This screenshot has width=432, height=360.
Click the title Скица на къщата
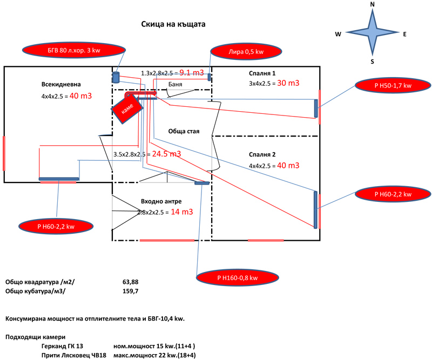pos(173,24)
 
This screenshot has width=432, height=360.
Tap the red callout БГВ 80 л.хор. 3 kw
pos(74,50)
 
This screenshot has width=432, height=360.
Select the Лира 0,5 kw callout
pos(246,51)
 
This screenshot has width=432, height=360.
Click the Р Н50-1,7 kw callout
pos(393,85)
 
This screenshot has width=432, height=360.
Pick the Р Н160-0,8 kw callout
pos(237,277)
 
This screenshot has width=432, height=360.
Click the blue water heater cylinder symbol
pos(116,77)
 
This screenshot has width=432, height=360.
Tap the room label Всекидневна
pos(61,84)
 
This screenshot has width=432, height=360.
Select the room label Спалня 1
pos(262,73)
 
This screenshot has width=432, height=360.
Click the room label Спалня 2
pos(262,154)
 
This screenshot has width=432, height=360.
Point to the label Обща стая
pos(184,131)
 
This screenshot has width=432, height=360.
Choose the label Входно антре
pos(161,201)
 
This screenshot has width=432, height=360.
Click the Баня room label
pos(175,84)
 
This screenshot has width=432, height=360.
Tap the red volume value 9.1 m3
pos(192,73)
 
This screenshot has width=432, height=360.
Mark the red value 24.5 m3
pos(166,154)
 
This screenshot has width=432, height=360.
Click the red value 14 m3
pos(182,212)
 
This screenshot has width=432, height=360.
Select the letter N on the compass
pos(372,4)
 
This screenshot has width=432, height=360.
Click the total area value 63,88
pos(130,282)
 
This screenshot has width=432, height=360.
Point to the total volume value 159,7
pos(130,291)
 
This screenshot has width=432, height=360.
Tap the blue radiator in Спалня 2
pos(316,210)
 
